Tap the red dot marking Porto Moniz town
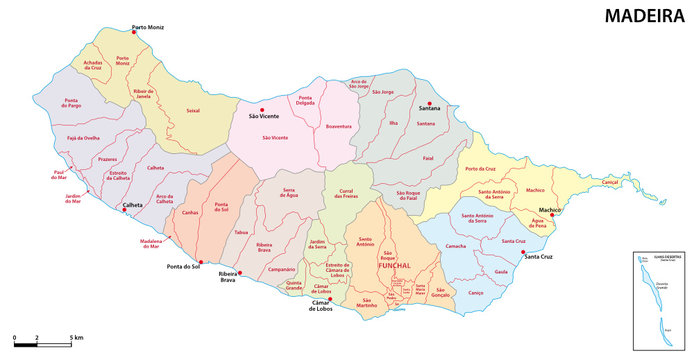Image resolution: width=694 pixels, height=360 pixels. point(134,33)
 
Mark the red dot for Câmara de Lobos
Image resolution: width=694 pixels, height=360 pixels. point(331,298)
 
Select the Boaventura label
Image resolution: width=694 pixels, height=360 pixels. point(339,127)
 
